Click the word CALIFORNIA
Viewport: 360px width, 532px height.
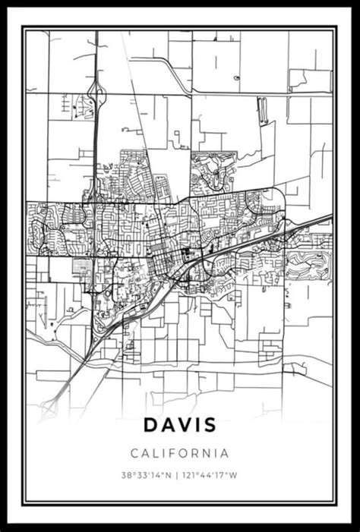(x=180, y=454)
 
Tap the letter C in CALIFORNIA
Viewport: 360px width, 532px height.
(x=134, y=454)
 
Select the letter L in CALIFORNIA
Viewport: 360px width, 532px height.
(x=156, y=454)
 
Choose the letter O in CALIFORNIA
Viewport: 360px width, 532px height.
(x=186, y=454)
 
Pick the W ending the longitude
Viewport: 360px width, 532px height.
(x=235, y=477)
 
